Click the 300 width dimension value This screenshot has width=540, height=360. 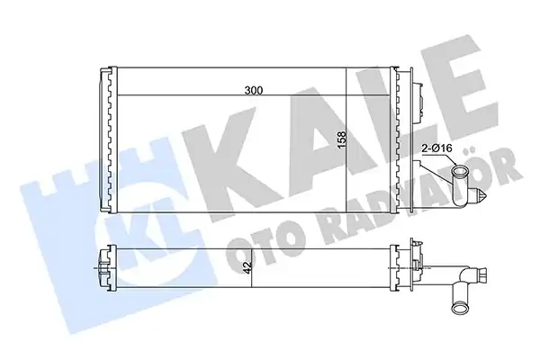[x=254, y=90]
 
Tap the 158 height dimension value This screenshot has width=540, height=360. [x=342, y=139]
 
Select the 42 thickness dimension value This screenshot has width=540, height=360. [x=248, y=267]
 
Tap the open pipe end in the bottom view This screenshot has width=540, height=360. [x=458, y=307]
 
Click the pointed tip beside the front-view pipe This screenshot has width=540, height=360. [x=486, y=198]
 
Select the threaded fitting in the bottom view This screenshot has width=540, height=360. [x=481, y=274]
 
